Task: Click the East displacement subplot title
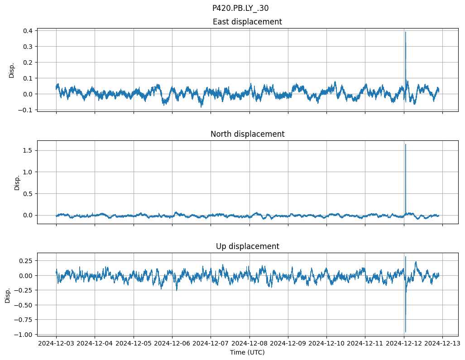tap(247, 22)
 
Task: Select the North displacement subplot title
tap(247, 134)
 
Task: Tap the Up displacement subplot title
tap(247, 246)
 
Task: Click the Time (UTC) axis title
tap(247, 352)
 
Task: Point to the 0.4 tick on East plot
tap(29, 31)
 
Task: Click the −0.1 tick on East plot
tap(27, 110)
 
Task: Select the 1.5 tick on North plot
tap(29, 150)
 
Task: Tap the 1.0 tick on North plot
tap(29, 172)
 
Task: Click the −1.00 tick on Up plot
tap(25, 334)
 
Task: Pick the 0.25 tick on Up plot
tap(27, 261)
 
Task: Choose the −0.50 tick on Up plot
tap(25, 305)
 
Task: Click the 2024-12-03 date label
tap(56, 344)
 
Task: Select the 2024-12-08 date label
tap(249, 344)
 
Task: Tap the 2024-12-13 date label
tap(442, 344)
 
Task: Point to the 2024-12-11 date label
tap(365, 344)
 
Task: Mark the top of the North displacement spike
tap(405, 144)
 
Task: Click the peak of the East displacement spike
tap(405, 32)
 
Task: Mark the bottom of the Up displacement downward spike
tap(405, 332)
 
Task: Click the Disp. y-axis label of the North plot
tap(17, 182)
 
